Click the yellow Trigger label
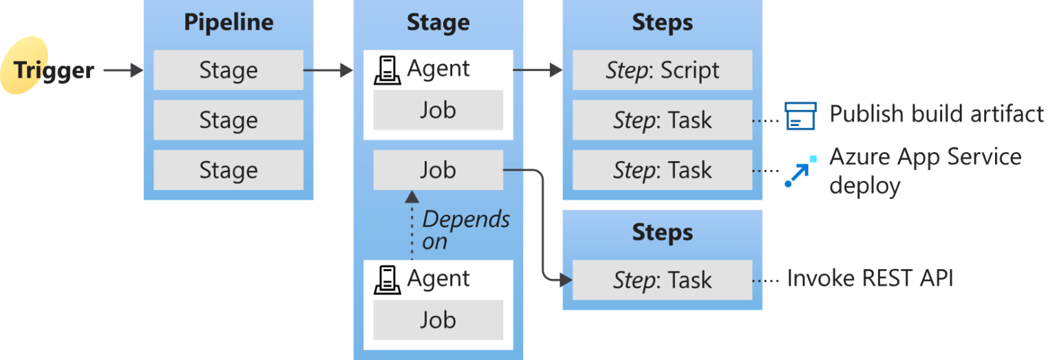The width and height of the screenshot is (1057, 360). click(53, 70)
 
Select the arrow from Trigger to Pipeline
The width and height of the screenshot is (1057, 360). click(123, 70)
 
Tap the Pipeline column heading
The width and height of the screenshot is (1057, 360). click(228, 22)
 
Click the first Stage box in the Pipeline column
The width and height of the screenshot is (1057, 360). click(228, 70)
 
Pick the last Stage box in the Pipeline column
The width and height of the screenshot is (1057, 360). click(228, 170)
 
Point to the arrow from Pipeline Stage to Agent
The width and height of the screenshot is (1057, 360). click(328, 70)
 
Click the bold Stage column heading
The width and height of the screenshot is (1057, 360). click(438, 22)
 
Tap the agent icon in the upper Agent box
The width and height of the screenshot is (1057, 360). click(388, 70)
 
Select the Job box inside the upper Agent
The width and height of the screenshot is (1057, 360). click(438, 110)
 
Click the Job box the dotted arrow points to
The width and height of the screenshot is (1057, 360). click(438, 170)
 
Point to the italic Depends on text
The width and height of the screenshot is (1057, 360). click(465, 230)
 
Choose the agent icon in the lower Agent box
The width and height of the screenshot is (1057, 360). click(388, 279)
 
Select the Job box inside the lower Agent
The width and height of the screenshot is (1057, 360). click(438, 320)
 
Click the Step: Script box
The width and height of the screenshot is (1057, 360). click(662, 70)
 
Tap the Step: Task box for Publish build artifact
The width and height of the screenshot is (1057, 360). click(662, 120)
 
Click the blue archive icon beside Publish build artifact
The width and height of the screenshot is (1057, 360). click(800, 116)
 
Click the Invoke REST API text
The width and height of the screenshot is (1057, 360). click(870, 279)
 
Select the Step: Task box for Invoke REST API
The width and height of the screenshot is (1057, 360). click(662, 280)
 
